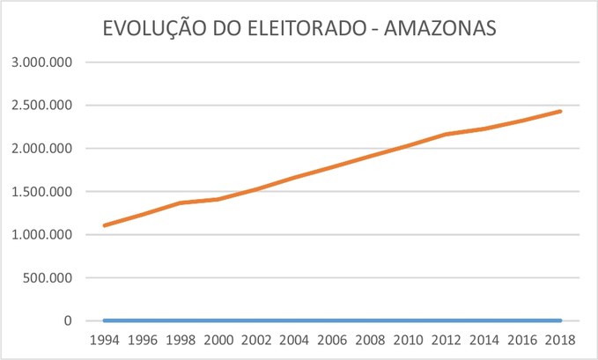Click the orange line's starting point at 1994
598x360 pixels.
pos(104,225)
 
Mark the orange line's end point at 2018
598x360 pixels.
pos(560,111)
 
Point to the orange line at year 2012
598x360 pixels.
pos(446,134)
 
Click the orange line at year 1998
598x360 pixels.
pos(180,203)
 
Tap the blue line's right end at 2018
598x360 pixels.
pos(560,320)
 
